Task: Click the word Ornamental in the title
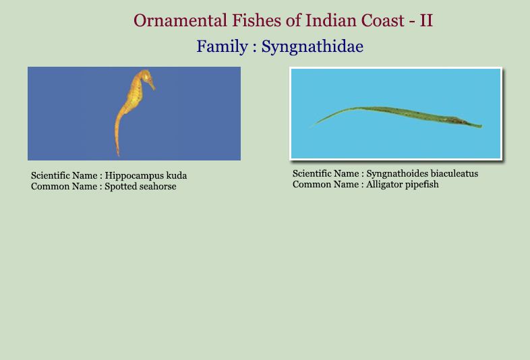pos(180,20)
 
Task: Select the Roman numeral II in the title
pos(426,20)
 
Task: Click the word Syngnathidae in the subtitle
pos(312,47)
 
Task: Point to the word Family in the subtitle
pos(222,47)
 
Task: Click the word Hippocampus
pos(134,176)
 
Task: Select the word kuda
pos(177,175)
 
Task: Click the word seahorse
pos(157,186)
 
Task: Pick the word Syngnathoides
pos(392,174)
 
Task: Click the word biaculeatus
pos(449,173)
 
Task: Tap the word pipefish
pos(419,185)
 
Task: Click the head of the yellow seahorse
pos(146,76)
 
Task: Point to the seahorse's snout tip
pos(154,89)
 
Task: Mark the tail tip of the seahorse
pos(118,155)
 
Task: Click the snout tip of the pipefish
pos(481,127)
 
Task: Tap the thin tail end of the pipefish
pos(310,127)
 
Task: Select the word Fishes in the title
pos(256,20)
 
